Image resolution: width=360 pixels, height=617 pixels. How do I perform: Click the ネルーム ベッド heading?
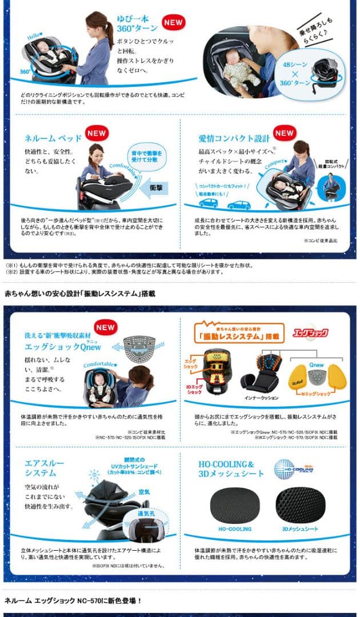[x=53, y=138]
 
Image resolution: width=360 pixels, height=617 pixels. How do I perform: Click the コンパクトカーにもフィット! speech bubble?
[x=218, y=186]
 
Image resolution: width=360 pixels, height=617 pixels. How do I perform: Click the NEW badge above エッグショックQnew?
[x=105, y=327]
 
